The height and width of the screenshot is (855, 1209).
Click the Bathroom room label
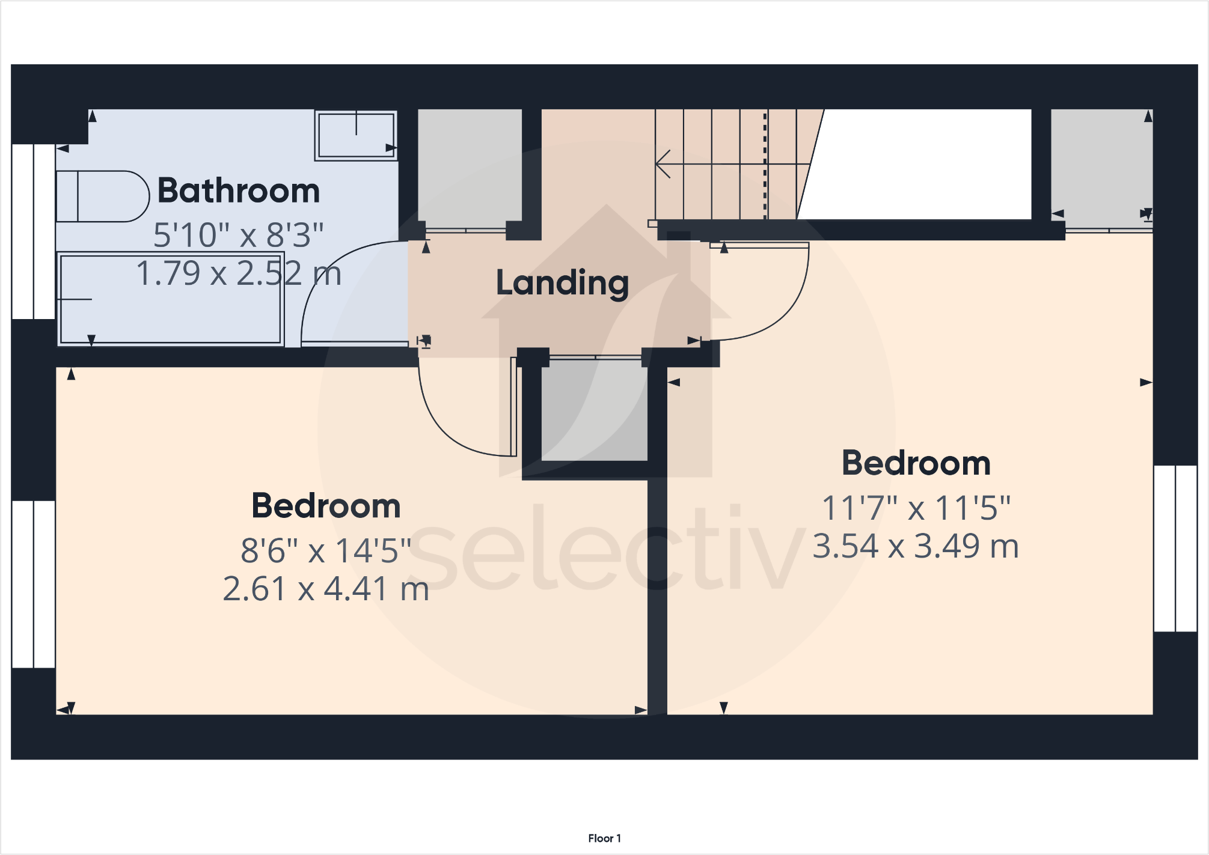[239, 191]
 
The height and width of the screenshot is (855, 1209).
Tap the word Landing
[562, 282]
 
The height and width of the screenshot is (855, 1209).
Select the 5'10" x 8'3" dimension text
[239, 235]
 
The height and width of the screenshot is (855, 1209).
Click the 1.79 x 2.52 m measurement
[239, 273]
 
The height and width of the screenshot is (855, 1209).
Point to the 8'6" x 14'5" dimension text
[326, 550]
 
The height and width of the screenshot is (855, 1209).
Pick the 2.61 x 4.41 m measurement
[326, 589]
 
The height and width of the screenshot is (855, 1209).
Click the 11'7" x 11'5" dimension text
[916, 508]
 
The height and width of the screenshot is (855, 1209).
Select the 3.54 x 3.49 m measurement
[916, 546]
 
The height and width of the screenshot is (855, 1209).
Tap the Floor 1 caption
[604, 838]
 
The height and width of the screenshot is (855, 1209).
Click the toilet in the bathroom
[102, 196]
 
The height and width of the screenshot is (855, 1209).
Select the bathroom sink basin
[356, 135]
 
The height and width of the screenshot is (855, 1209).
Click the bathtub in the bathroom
[171, 299]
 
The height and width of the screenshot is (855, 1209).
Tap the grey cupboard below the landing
[594, 410]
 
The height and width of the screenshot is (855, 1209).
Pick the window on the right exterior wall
[1175, 548]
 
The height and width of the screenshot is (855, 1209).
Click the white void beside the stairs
[920, 164]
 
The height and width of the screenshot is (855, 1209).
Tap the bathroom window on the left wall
[34, 231]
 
